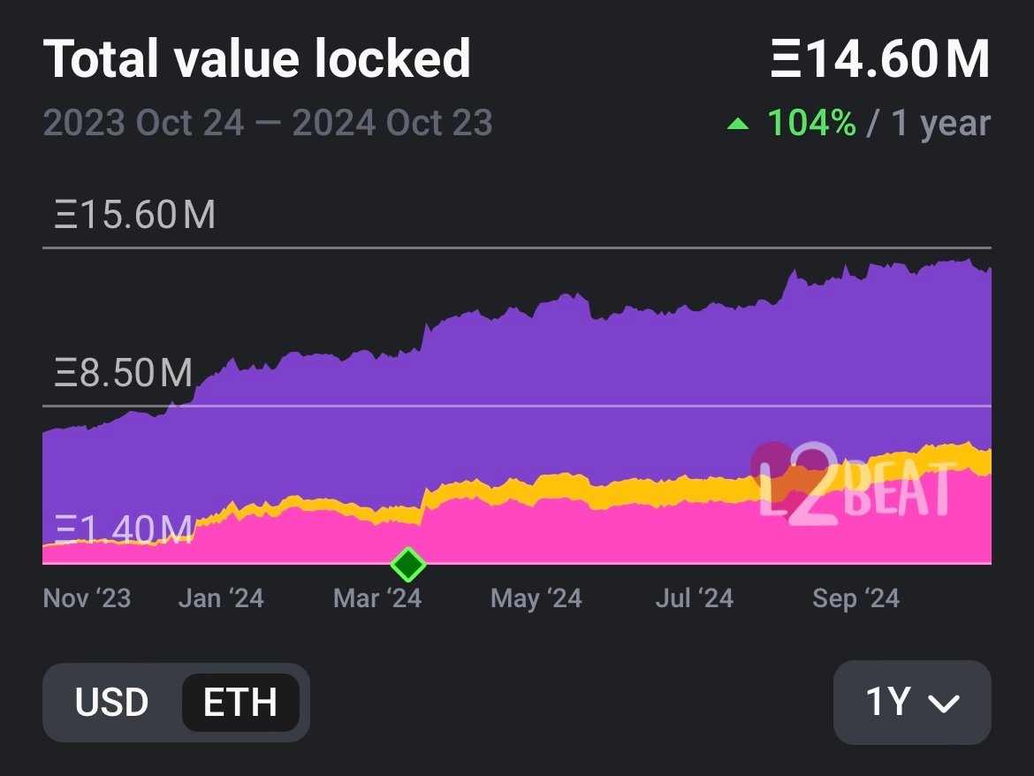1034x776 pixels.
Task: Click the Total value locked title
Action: click(256, 59)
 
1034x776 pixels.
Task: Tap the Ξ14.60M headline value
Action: click(879, 59)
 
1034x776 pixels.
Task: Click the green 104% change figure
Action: click(811, 124)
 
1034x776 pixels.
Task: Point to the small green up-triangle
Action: click(737, 125)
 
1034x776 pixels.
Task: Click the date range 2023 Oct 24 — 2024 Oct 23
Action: click(268, 123)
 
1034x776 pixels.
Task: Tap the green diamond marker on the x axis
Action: click(407, 564)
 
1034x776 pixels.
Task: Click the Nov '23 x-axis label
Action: click(87, 598)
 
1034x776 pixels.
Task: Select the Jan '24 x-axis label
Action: click(221, 598)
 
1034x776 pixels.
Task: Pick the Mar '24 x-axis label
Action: click(377, 598)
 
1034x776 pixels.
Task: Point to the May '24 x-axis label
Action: click(536, 598)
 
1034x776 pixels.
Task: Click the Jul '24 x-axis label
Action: click(694, 598)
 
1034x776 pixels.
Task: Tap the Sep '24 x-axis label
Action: click(855, 598)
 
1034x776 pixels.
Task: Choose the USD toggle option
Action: click(111, 703)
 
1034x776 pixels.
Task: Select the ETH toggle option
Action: click(240, 703)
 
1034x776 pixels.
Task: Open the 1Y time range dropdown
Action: click(912, 703)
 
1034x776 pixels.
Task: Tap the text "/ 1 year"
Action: click(929, 124)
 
